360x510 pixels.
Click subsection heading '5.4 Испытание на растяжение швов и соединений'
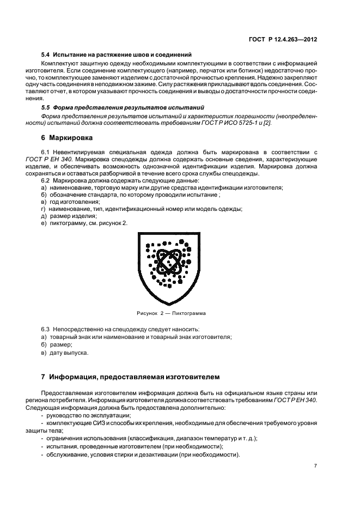[x=117, y=54]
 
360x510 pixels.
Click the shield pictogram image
[x=167, y=268]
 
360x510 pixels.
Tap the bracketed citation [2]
[x=267, y=123]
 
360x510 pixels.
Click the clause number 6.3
[x=46, y=330]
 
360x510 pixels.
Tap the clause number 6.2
[x=46, y=180]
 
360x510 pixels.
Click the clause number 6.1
[x=46, y=152]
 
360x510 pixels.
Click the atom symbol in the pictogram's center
[x=168, y=262]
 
